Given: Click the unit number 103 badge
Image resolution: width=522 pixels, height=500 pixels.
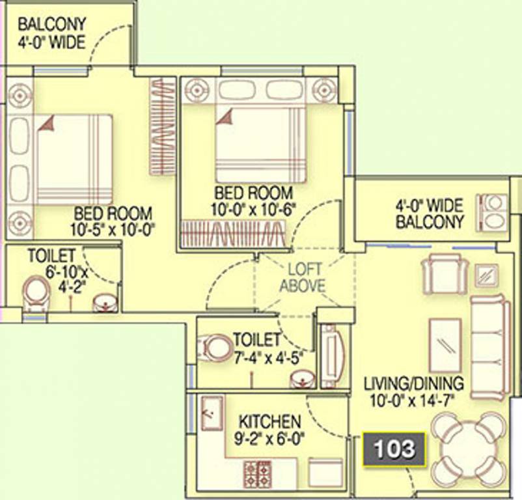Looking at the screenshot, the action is click(x=394, y=449).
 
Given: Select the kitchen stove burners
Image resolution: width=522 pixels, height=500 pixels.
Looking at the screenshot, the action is click(x=257, y=475).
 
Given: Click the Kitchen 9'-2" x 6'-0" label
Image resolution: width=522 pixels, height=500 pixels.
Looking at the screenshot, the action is click(x=269, y=430).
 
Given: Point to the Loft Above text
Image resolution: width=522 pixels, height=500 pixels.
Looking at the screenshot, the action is click(x=302, y=277).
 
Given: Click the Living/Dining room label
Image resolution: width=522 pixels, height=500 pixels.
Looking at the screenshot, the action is click(x=413, y=392).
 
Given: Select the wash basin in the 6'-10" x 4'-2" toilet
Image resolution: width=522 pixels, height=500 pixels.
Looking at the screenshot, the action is click(x=105, y=303).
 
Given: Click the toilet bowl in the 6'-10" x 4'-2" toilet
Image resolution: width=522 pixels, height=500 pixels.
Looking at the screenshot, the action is click(x=36, y=294).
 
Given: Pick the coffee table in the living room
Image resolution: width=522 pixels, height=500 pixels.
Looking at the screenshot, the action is click(x=445, y=346).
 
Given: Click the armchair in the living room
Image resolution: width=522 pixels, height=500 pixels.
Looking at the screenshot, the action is click(x=445, y=274).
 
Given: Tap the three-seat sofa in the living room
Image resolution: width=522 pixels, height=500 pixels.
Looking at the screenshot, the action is click(x=490, y=347).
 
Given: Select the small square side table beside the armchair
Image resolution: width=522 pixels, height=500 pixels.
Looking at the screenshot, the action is click(x=486, y=275).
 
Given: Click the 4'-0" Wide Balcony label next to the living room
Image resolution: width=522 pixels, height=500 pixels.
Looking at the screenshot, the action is click(x=430, y=214).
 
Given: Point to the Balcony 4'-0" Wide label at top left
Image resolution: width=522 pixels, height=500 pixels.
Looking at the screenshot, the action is click(x=52, y=34).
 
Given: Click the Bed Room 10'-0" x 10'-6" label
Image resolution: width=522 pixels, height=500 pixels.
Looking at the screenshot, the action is click(x=253, y=201).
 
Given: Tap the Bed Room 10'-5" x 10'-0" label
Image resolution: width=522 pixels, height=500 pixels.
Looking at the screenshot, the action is click(x=113, y=221).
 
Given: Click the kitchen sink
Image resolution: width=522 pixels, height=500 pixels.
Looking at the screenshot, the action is click(x=212, y=413).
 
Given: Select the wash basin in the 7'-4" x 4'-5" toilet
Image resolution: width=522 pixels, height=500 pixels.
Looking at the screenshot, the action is click(x=302, y=380).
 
